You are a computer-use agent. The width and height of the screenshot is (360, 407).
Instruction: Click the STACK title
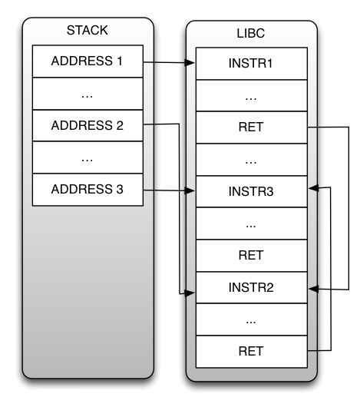click(88, 30)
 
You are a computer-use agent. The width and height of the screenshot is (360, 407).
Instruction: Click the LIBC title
click(251, 33)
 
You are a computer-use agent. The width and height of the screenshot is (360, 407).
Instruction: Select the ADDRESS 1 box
click(88, 61)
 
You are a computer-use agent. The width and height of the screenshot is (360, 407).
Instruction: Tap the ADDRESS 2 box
click(88, 126)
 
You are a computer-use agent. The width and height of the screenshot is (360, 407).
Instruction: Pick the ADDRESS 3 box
click(88, 190)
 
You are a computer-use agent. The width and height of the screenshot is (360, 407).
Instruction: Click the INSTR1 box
click(252, 64)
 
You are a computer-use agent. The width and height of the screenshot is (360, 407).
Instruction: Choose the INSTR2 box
click(252, 288)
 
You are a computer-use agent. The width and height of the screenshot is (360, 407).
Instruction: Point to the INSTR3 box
click(252, 191)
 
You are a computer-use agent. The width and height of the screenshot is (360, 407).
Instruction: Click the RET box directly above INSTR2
click(252, 256)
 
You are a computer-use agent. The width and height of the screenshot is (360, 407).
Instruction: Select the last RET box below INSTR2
click(252, 352)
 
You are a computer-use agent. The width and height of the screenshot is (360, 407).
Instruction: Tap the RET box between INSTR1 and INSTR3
click(252, 127)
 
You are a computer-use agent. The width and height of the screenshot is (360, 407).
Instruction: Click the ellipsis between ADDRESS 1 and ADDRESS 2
click(88, 97)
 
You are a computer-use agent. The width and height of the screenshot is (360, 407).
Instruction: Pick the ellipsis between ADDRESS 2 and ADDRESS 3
click(88, 160)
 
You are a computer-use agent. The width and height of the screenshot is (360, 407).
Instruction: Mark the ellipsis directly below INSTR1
click(251, 99)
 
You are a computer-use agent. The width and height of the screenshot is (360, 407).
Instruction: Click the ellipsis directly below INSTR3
click(251, 227)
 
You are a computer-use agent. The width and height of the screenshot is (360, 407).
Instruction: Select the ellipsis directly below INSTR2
click(251, 323)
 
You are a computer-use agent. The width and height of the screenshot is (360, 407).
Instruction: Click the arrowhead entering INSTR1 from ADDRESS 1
click(190, 62)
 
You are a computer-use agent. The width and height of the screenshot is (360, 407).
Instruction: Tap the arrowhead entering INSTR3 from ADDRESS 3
click(190, 191)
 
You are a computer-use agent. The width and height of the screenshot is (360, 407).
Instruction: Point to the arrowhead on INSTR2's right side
click(314, 289)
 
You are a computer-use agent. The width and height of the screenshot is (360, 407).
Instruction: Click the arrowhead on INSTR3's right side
click(314, 188)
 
